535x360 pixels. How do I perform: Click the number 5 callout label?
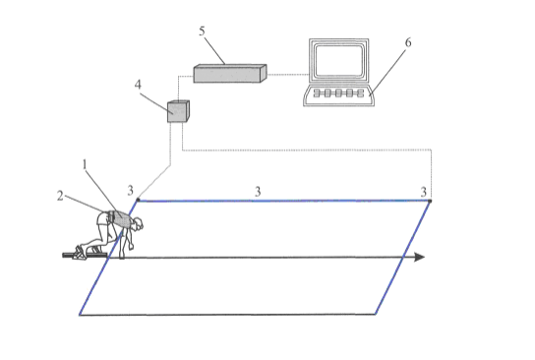click(202, 31)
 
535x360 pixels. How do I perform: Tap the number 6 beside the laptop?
click(408, 42)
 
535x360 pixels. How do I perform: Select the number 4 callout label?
click(138, 85)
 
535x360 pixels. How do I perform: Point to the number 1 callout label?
click(85, 164)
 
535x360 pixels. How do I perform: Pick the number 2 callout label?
click(60, 196)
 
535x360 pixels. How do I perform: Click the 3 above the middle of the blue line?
click(258, 192)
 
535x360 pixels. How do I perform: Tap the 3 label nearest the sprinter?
click(131, 191)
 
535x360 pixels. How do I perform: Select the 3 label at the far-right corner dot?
click(424, 192)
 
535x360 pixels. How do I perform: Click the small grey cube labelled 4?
click(178, 111)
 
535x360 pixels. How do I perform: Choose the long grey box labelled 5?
click(230, 74)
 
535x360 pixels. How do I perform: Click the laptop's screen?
click(338, 61)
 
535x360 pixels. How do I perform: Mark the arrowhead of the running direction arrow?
click(419, 258)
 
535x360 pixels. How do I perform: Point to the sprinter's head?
click(139, 223)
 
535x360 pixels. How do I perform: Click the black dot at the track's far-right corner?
click(430, 201)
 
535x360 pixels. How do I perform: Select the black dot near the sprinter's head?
click(138, 200)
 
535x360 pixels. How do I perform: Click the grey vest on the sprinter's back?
click(121, 219)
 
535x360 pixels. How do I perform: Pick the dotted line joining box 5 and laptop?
click(287, 74)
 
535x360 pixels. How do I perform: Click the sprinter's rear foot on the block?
click(79, 253)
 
